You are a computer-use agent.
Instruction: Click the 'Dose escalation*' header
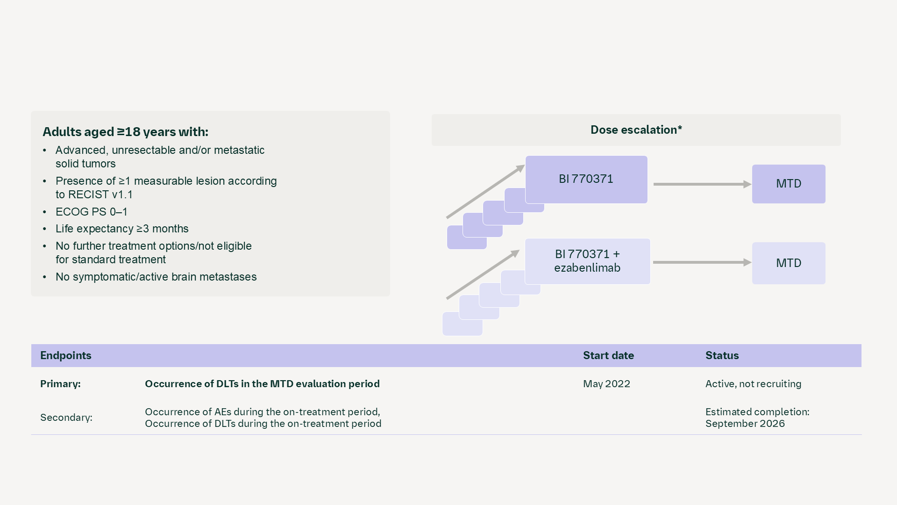pyautogui.click(x=636, y=130)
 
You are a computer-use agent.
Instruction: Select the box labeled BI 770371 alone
pyautogui.click(x=586, y=179)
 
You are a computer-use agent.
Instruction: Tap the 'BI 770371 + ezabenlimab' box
pyautogui.click(x=587, y=261)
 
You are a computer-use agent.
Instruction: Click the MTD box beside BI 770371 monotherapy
pyautogui.click(x=789, y=184)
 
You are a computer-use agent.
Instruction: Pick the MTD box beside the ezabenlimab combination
pyautogui.click(x=789, y=263)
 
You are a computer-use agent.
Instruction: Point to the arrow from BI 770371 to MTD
pyautogui.click(x=701, y=184)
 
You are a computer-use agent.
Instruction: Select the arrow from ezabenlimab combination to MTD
pyautogui.click(x=701, y=262)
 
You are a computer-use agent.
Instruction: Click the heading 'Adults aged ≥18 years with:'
pyautogui.click(x=125, y=132)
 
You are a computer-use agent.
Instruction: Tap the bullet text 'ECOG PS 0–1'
pyautogui.click(x=91, y=212)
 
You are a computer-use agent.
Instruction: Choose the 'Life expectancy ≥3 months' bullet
pyautogui.click(x=122, y=229)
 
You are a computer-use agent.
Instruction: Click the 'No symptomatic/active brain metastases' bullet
pyautogui.click(x=156, y=277)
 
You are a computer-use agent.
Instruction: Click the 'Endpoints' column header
pyautogui.click(x=66, y=355)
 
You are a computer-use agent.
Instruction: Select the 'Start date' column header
pyautogui.click(x=608, y=355)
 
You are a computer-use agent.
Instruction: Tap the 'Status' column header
pyautogui.click(x=722, y=355)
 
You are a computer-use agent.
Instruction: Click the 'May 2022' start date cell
pyautogui.click(x=606, y=384)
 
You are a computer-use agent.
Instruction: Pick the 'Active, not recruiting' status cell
pyautogui.click(x=753, y=384)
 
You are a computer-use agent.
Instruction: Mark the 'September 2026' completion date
pyautogui.click(x=745, y=424)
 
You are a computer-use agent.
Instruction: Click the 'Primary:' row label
pyautogui.click(x=60, y=384)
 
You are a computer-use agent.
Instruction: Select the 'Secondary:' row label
pyautogui.click(x=66, y=418)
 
